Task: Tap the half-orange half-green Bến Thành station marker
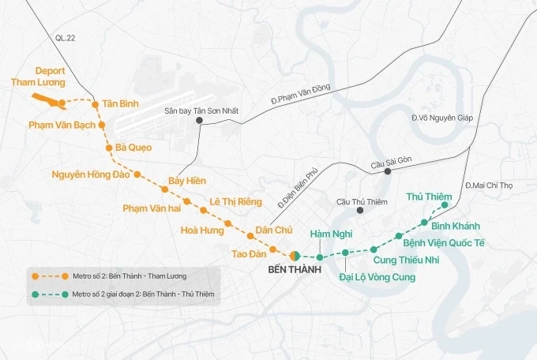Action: click(x=294, y=255)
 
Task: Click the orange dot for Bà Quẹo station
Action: click(x=108, y=148)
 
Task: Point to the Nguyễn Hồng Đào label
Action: click(x=90, y=174)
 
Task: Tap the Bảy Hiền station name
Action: click(x=187, y=182)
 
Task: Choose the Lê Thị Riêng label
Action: click(x=235, y=201)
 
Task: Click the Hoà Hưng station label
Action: click(x=203, y=231)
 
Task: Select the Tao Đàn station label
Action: click(x=246, y=253)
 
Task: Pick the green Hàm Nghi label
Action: click(x=330, y=234)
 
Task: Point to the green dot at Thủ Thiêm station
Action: click(x=445, y=205)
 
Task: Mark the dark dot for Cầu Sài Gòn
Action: click(x=387, y=171)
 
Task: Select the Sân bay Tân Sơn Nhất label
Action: click(x=201, y=111)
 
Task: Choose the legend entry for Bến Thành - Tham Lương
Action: click(x=118, y=276)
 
